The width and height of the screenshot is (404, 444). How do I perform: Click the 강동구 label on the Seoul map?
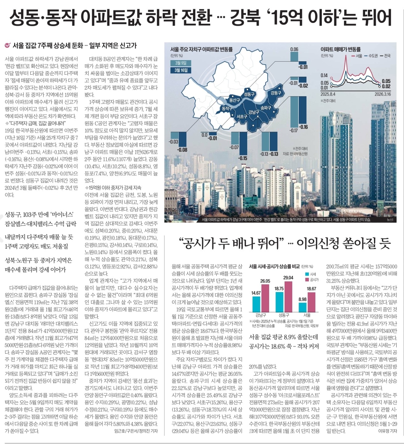pos(276,93)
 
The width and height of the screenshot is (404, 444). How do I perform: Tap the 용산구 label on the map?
pos(235,100)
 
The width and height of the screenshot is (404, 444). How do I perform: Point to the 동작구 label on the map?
pos(227,109)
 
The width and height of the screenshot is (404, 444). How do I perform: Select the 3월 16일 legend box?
pos(181,70)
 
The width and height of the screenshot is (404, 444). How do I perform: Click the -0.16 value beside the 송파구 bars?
pos(303,127)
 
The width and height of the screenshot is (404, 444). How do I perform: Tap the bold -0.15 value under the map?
pos(243,158)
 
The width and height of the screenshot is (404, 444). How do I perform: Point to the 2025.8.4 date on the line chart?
pos(328,94)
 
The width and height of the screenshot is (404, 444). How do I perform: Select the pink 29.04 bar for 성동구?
pos(288,296)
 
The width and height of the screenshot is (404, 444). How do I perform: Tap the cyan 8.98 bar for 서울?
pos(302,307)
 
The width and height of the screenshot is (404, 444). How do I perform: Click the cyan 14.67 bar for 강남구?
pos(256,304)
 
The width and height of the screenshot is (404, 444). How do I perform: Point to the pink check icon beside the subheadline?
pos(8,46)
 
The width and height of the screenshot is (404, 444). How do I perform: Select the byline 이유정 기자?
pos(387,431)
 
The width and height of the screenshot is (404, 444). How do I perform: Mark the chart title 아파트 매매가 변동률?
pos(340,49)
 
